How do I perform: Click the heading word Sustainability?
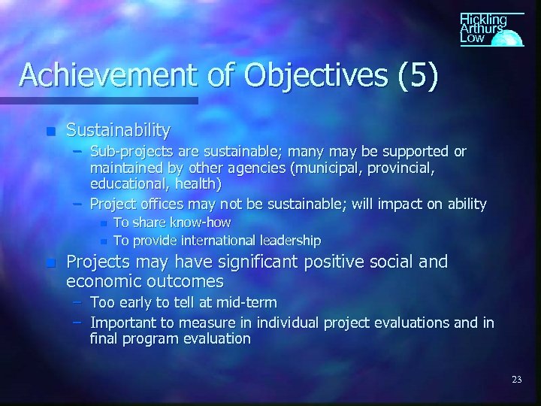(118, 130)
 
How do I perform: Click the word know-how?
(200, 223)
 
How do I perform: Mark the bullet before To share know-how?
(104, 223)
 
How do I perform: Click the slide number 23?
(515, 380)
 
